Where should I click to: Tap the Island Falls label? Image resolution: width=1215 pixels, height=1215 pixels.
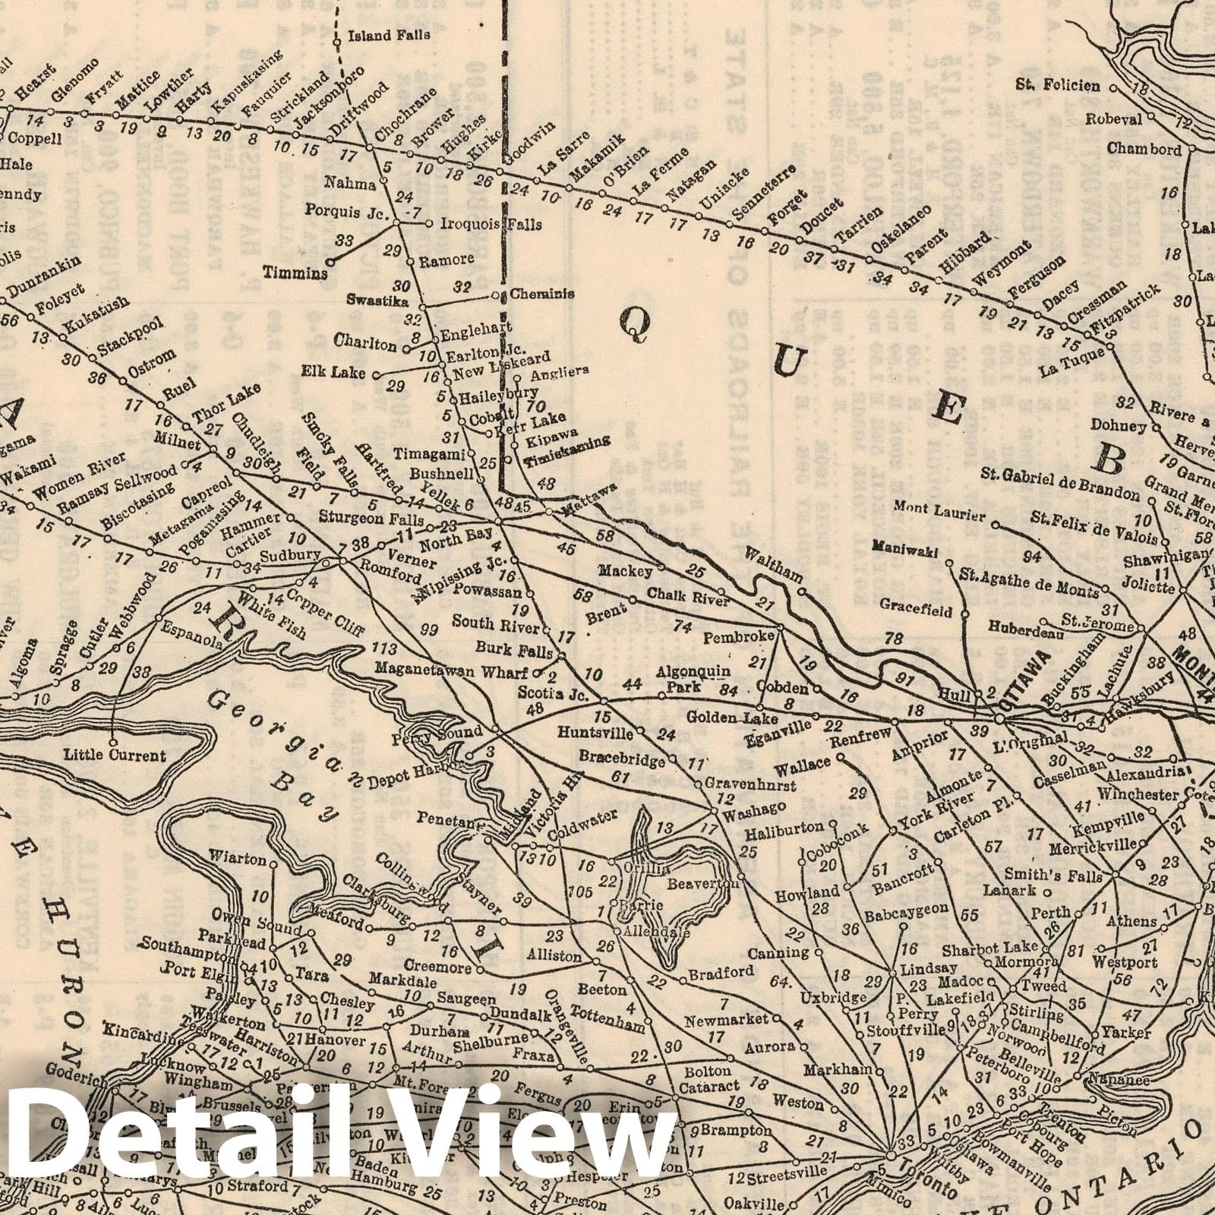pyautogui.click(x=389, y=35)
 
